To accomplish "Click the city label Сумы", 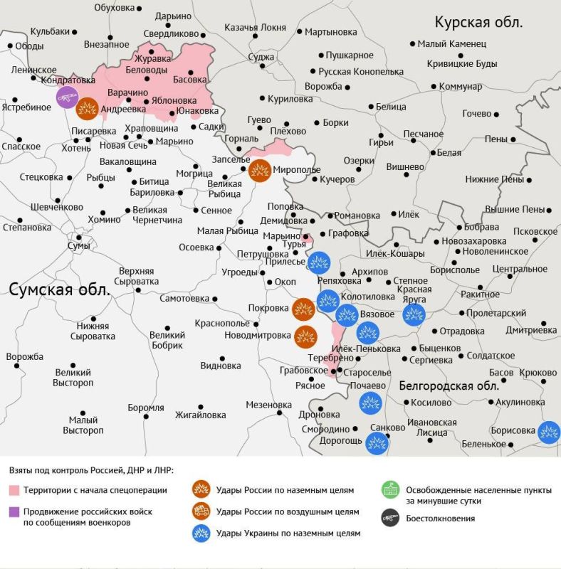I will (x=78, y=245).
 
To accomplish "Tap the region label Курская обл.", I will (x=478, y=21).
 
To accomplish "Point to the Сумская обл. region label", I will (x=60, y=289).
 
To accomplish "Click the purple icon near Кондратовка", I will (x=67, y=97).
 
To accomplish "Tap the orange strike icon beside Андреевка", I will (x=88, y=107).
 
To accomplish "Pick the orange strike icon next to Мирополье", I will (x=259, y=171).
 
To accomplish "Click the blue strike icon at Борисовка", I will (x=548, y=432).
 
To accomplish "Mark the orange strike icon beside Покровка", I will (x=303, y=309).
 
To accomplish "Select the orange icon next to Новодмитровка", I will (x=305, y=336).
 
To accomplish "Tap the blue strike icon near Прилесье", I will (x=318, y=262).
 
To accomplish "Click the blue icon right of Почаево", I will (x=369, y=403).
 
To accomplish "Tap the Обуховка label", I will (x=114, y=7).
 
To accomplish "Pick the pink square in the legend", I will (x=14, y=490).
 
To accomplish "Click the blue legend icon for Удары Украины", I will (x=200, y=533).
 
